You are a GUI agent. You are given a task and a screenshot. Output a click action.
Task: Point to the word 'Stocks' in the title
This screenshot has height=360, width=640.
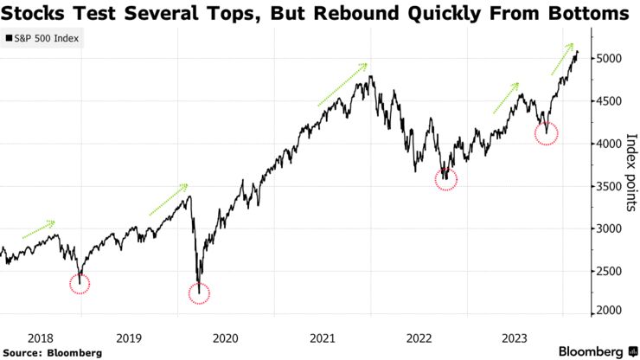(38, 14)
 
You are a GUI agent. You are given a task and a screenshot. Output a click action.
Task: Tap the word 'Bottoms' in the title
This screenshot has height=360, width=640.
(588, 14)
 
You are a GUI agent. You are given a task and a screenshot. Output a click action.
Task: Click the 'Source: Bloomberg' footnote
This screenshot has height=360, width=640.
(53, 352)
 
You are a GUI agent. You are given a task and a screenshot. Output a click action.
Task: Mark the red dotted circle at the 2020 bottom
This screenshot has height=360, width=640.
(199, 292)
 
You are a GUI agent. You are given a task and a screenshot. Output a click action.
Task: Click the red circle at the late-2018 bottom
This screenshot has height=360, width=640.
(79, 283)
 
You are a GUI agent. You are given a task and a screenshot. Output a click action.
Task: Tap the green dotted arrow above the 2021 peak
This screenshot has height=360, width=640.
(342, 84)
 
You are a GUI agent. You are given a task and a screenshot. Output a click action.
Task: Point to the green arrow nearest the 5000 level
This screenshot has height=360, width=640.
(562, 58)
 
